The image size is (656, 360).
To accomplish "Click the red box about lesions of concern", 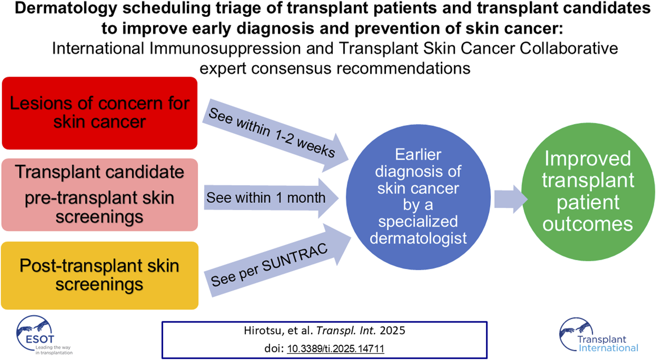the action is click(100, 113).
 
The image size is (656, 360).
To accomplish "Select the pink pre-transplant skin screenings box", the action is click(100, 195).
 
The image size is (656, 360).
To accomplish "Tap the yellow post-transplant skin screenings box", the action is click(100, 276).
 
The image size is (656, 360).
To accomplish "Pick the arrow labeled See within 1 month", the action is click(271, 198).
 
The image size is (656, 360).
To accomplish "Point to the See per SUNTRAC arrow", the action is click(278, 260).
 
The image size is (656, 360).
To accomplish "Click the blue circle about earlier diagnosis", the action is click(418, 197).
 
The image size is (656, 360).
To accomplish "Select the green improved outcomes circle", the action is click(588, 192).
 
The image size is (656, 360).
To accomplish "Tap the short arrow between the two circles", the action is click(511, 199).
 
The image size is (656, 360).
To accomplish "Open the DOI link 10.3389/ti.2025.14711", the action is click(335, 349).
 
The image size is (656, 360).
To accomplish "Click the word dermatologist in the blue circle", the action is click(418, 239).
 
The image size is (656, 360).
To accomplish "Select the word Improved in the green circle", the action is click(588, 159).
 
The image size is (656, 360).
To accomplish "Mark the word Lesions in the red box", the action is click(40, 103).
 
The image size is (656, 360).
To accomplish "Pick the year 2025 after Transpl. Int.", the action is click(392, 330).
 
